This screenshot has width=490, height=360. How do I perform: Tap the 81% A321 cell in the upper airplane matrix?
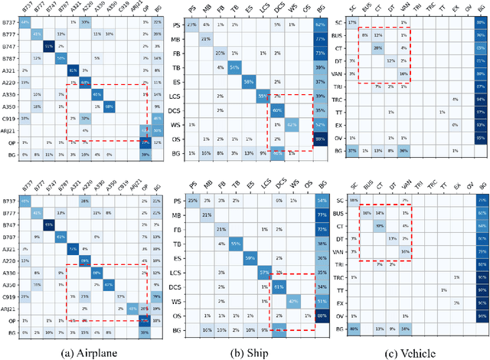pos(73,70)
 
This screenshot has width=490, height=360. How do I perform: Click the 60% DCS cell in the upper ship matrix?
pos(278,110)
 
